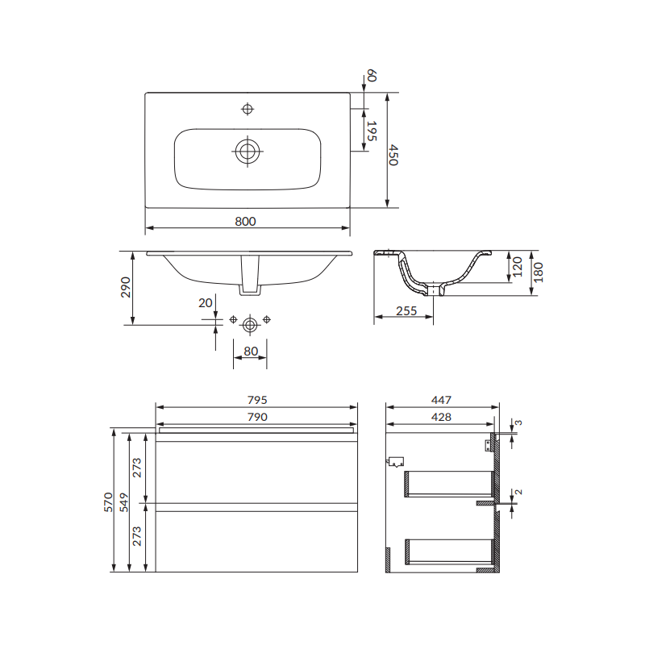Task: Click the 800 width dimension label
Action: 245,221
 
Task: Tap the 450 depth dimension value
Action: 393,155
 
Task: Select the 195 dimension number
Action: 372,131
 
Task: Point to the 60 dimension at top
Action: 372,76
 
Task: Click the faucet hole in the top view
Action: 248,109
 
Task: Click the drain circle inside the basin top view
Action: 248,151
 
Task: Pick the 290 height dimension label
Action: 126,287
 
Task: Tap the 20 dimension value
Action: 206,303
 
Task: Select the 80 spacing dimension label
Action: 251,351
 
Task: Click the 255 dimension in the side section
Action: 406,310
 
